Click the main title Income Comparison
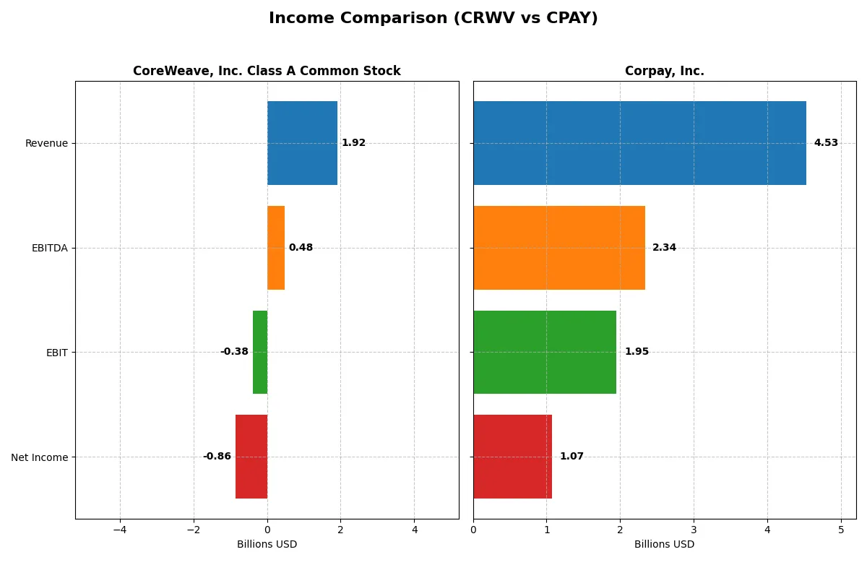point(433,18)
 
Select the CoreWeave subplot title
point(267,71)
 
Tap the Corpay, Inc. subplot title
point(664,71)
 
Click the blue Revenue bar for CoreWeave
point(302,143)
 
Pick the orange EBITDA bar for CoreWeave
point(276,248)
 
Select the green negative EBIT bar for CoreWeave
point(260,352)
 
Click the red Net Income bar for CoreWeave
point(251,457)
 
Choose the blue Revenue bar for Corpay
point(639,143)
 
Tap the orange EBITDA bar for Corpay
point(559,248)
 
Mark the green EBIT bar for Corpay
point(545,352)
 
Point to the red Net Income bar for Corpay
point(512,457)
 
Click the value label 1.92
point(353,143)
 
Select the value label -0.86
point(217,457)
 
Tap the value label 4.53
point(826,143)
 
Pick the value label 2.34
point(664,248)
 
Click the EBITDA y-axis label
point(49,248)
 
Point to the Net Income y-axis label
point(40,457)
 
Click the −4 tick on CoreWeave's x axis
point(120,530)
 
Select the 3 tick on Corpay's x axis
point(694,530)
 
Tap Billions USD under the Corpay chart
point(664,544)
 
